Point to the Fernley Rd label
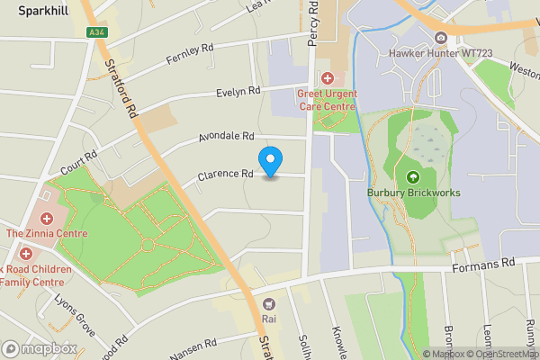(x=190, y=54)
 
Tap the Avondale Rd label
(x=226, y=137)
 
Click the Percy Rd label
(x=313, y=23)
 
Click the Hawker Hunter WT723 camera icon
(x=441, y=38)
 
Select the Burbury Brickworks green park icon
(x=414, y=176)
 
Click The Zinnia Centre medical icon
(x=46, y=219)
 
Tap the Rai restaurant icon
(x=268, y=303)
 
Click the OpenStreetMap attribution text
(x=502, y=354)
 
